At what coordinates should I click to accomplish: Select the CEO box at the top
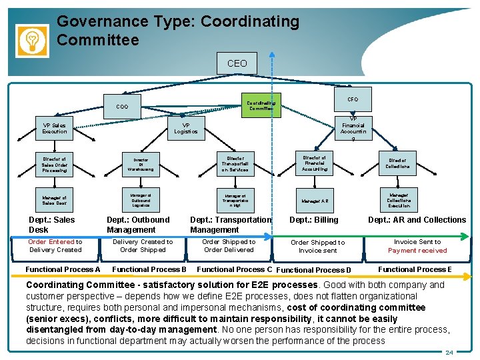tap(237, 64)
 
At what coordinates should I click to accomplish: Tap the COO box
tap(122, 107)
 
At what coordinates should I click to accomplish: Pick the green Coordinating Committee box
tap(261, 105)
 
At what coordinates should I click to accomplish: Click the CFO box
tap(353, 99)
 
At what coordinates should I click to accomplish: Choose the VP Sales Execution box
tap(55, 128)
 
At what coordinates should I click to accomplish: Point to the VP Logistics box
tap(186, 128)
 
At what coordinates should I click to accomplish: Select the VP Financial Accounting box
tap(353, 128)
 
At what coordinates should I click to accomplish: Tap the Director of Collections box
tap(397, 163)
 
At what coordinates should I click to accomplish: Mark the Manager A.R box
tap(315, 200)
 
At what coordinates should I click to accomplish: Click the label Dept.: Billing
tap(314, 219)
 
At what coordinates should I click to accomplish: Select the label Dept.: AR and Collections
tap(417, 219)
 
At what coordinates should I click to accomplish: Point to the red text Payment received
tap(417, 251)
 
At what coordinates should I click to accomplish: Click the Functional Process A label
tap(63, 269)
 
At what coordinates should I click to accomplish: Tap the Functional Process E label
tap(415, 269)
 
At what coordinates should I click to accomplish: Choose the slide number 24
tap(449, 352)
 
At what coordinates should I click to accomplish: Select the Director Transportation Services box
tap(235, 163)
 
